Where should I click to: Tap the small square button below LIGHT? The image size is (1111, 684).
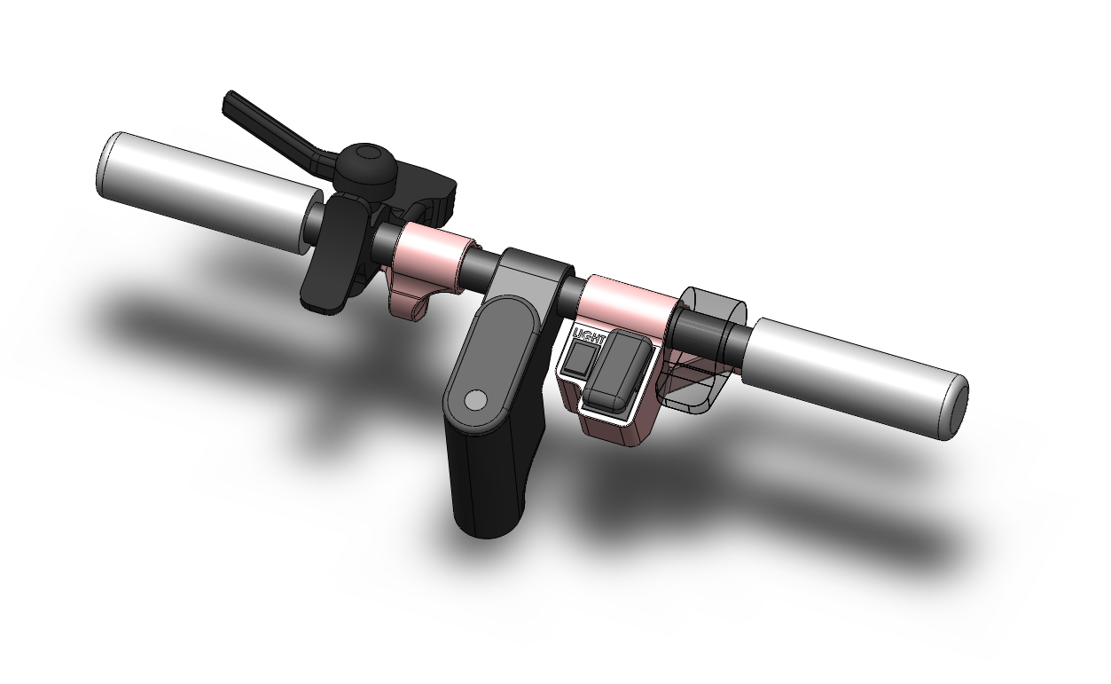[x=580, y=359]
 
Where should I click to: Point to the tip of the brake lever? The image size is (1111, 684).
[x=230, y=98]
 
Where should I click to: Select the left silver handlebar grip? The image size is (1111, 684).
[x=204, y=188]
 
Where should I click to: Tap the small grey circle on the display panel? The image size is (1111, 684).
[x=475, y=400]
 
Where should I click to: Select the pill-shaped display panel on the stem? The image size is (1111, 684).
[x=489, y=364]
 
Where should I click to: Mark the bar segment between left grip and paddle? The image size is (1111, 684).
[x=312, y=221]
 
